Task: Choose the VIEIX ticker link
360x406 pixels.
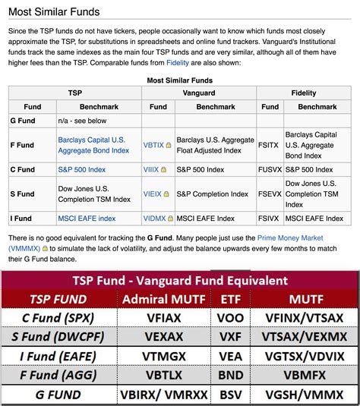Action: [x=154, y=194]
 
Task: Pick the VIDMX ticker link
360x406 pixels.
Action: [x=155, y=218]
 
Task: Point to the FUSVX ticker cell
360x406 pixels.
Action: [x=270, y=170]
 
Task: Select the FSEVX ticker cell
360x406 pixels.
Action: [x=270, y=194]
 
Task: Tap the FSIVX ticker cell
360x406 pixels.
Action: [x=270, y=218]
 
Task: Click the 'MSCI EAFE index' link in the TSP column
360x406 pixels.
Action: [x=87, y=219]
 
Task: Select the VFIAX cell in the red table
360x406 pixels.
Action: [x=163, y=317]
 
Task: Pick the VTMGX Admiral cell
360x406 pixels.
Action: [x=163, y=354]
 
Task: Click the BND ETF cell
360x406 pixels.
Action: [x=230, y=374]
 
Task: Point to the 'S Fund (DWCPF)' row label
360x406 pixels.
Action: [x=58, y=335]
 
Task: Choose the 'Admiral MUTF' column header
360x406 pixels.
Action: [x=163, y=299]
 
